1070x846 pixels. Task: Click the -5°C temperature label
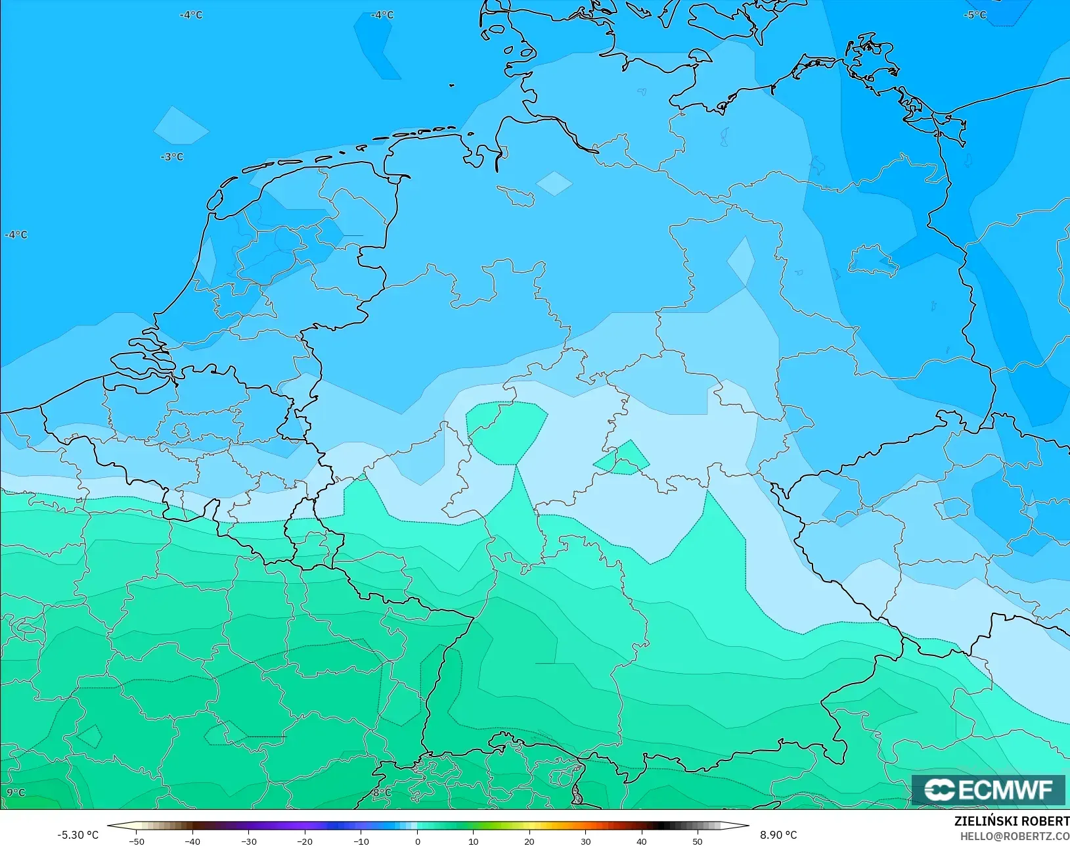tap(975, 14)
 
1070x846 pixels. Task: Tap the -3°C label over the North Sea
tap(172, 156)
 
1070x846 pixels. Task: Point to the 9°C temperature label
tap(16, 793)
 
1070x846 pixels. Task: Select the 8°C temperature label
tap(382, 793)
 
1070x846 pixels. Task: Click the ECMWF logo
tap(988, 789)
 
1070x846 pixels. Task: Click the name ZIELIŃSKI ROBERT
tap(1012, 822)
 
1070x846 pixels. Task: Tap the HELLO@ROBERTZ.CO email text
tap(1015, 836)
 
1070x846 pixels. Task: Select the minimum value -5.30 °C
tap(78, 835)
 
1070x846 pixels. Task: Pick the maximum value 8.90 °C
tap(778, 835)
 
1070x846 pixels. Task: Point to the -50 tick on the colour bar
tap(136, 841)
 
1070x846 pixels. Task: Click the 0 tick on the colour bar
tap(417, 841)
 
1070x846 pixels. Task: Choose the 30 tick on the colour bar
tap(585, 841)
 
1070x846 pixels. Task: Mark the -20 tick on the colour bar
tap(304, 841)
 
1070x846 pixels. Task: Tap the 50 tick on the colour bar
tap(698, 841)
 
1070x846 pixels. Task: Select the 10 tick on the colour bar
tap(473, 841)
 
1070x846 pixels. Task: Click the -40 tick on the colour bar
tap(192, 841)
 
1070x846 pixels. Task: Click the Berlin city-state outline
tap(873, 261)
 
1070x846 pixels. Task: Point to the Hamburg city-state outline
tap(516, 195)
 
